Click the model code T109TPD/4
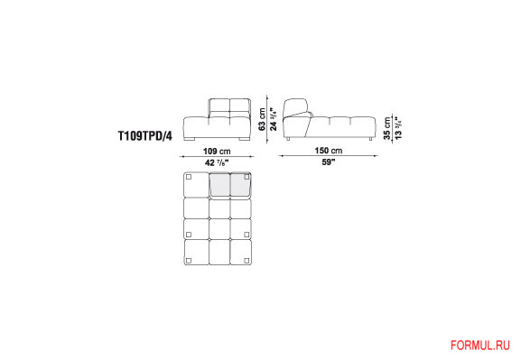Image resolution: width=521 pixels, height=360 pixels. [x=145, y=136]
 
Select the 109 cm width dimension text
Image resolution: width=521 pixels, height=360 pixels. [x=217, y=152]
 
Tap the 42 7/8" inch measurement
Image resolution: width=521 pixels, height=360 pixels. [x=217, y=162]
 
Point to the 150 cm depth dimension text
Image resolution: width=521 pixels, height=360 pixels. [x=329, y=151]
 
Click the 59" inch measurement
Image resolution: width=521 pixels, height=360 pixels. [x=329, y=162]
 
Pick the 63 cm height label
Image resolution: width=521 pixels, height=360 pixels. [x=262, y=119]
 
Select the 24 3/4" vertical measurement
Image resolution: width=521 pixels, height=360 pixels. [x=274, y=119]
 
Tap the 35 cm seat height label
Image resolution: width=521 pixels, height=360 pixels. [x=387, y=128]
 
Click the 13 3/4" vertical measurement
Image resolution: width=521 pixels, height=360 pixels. [x=398, y=128]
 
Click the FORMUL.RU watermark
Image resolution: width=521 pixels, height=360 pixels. [x=480, y=346]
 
